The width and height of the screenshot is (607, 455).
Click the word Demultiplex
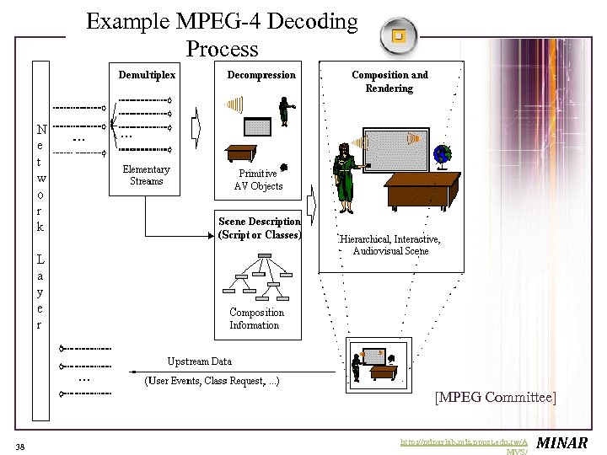pos(147,75)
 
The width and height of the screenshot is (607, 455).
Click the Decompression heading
pos(261,75)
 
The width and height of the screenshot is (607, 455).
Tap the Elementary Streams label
pos(146,175)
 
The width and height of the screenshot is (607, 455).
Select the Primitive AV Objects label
pos(258,180)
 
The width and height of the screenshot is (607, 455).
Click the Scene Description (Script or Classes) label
pos(259,228)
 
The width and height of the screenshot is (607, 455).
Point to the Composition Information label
pos(256,318)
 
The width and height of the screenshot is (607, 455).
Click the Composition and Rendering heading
pos(389,82)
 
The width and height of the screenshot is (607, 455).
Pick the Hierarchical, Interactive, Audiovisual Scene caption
pos(390,245)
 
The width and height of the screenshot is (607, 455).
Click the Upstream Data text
pos(199,361)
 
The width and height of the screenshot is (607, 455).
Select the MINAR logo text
pos(562,443)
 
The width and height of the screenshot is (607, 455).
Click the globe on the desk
pos(442,154)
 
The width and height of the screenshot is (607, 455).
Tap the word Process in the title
pos(222,49)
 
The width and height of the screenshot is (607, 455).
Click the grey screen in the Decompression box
pos(257,126)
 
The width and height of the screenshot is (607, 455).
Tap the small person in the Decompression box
pos(285,111)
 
